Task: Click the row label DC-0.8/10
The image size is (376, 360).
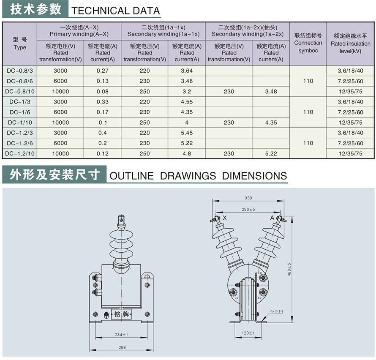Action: tap(20, 91)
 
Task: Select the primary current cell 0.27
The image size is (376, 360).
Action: tap(103, 71)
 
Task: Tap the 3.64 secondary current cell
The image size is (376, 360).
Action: tap(187, 71)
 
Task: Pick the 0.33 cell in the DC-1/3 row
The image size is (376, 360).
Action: tap(103, 102)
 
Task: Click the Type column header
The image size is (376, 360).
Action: tap(20, 44)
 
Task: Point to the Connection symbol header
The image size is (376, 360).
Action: tap(308, 43)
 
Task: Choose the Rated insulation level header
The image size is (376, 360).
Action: tap(351, 44)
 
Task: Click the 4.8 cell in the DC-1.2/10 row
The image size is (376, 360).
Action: tap(187, 153)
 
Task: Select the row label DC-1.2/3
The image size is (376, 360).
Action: tap(20, 133)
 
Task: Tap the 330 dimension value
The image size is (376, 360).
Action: tap(248, 198)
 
